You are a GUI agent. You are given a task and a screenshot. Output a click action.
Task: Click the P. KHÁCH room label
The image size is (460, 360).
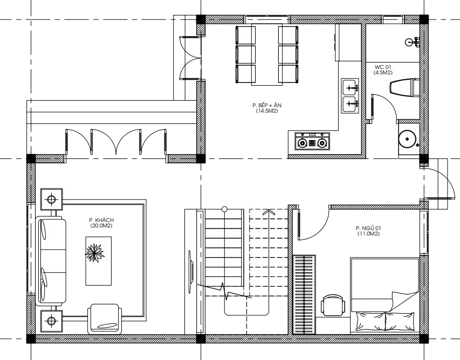[101, 220]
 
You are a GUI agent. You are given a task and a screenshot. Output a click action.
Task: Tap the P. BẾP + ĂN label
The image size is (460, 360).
[267, 105]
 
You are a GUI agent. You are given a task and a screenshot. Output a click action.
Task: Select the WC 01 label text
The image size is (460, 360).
[383, 67]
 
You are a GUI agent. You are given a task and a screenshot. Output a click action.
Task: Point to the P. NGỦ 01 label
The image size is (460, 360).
[368, 228]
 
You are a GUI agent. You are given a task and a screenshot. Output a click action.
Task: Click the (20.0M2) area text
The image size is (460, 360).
[101, 226]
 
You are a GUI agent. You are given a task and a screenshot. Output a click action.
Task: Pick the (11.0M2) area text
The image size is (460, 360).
[368, 234]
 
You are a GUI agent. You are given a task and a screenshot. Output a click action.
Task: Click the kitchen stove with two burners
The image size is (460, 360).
[312, 141]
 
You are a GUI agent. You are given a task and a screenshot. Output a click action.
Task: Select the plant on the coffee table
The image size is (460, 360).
[95, 252]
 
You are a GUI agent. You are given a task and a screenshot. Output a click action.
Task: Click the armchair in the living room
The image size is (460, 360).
[105, 319]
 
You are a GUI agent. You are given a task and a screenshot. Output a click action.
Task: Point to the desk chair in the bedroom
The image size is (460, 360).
[333, 305]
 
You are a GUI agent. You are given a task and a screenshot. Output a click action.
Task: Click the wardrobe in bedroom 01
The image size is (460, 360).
[305, 295]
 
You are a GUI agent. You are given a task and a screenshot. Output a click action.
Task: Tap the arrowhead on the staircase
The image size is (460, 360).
[267, 212]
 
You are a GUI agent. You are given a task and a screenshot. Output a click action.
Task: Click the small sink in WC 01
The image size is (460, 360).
[413, 42]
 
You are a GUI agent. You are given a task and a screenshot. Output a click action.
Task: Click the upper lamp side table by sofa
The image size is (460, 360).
[51, 199]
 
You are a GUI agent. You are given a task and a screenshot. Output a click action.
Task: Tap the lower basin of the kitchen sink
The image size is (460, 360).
[349, 104]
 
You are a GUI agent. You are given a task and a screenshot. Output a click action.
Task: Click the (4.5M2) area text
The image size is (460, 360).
[383, 73]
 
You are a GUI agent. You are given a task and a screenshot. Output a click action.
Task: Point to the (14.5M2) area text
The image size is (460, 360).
[267, 111]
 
